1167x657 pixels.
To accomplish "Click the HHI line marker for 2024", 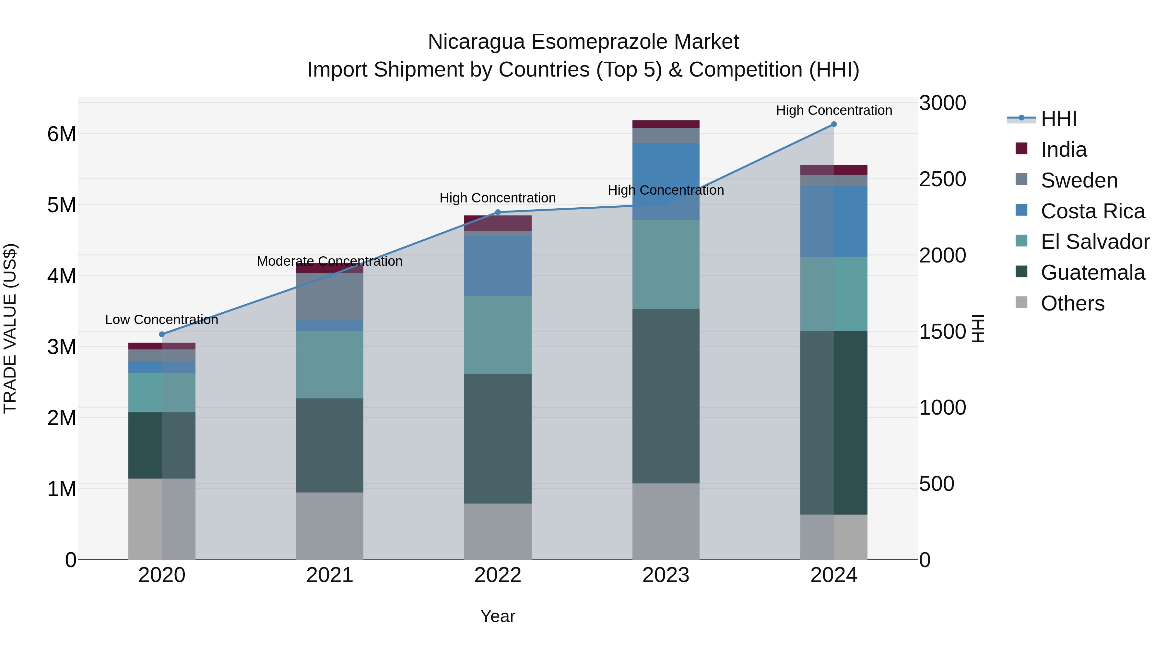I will pos(833,124).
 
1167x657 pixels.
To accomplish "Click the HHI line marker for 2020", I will pos(162,334).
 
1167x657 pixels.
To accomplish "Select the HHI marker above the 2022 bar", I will pos(497,212).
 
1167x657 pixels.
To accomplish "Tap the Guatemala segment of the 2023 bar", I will pos(666,396).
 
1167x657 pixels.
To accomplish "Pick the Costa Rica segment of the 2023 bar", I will pos(666,181).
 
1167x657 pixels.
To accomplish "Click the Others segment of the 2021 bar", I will pos(329,526).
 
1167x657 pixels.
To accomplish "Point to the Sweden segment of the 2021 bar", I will pos(329,296).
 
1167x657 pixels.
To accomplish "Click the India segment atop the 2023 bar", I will pos(666,124).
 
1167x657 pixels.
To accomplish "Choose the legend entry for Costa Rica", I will pos(1092,211).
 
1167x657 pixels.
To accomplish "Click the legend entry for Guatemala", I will pos(1092,273).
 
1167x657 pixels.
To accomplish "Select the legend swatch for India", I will pos(1021,149).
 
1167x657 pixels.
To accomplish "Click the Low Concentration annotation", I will pos(161,320).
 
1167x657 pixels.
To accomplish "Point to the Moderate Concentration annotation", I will pos(329,261).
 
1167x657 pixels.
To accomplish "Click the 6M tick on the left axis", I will pos(62,134).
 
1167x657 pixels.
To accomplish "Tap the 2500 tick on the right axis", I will pos(942,179).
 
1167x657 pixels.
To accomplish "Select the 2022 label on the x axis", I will pos(497,575).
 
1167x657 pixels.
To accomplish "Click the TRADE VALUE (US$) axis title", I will pos(10,328).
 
